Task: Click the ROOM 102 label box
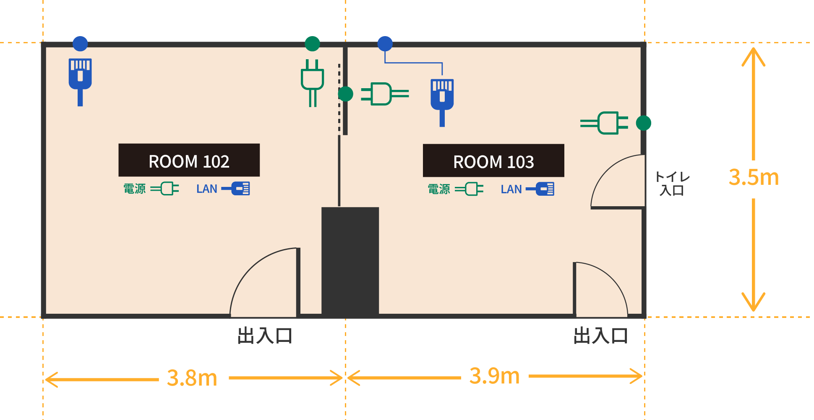pos(189,160)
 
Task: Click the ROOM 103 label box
pos(493,160)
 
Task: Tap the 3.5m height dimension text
pos(754,177)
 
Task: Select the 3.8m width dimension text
pos(192,378)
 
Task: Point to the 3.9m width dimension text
pos(494,376)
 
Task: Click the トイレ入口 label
pos(672,184)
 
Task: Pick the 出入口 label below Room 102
pos(265,336)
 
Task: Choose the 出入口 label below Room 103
pos(600,336)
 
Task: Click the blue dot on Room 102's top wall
pos(80,43)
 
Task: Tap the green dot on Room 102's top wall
pos(312,43)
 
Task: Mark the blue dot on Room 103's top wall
pos(385,43)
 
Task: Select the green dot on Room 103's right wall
pos(643,123)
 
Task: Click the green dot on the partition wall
pos(345,94)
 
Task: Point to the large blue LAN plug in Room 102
pos(80,80)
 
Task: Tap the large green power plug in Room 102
pos(312,82)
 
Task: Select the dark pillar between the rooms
pos(350,260)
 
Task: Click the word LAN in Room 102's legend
pos(206,189)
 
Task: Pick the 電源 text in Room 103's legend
pos(438,189)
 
